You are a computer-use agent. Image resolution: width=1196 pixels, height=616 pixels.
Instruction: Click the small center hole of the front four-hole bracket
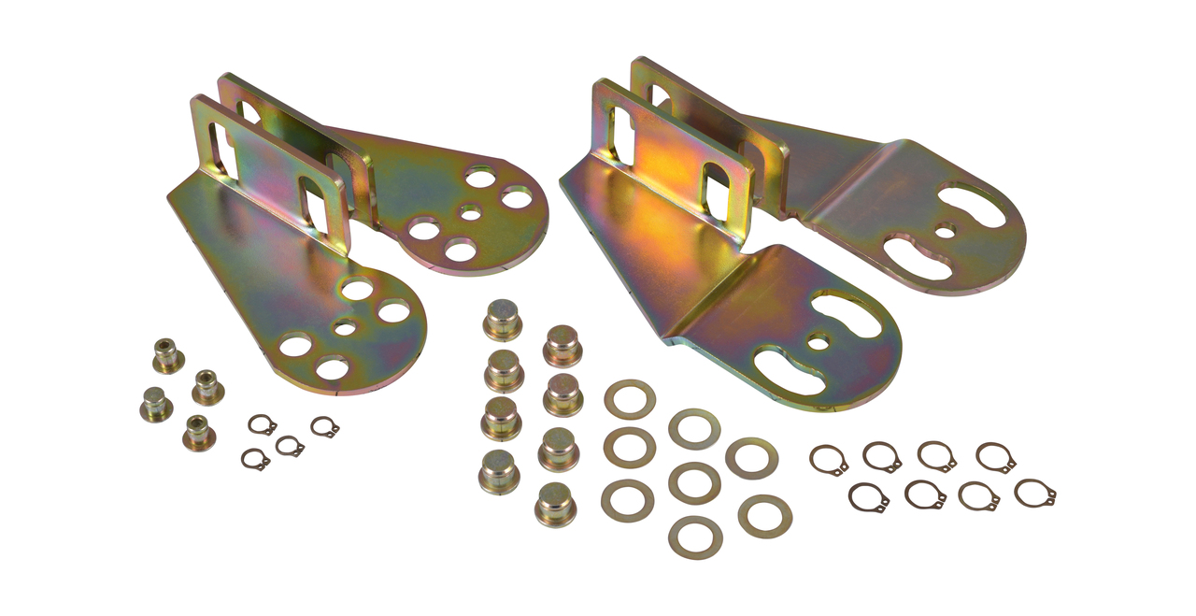click(345, 327)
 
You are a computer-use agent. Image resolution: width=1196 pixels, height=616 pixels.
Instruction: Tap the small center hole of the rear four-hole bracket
click(471, 214)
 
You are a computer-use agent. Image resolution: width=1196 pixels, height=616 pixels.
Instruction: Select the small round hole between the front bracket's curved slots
click(819, 343)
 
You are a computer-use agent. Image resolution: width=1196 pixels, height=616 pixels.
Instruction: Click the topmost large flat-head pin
click(502, 321)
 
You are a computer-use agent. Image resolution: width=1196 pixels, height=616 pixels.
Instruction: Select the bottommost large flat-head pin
click(555, 504)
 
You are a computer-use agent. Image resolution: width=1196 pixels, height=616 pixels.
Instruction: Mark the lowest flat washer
click(694, 537)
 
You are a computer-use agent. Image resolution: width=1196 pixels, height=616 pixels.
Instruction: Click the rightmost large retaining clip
click(1035, 493)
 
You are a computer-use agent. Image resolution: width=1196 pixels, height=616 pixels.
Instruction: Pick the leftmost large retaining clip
click(829, 459)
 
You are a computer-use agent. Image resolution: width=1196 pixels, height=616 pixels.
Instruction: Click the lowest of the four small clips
click(255, 459)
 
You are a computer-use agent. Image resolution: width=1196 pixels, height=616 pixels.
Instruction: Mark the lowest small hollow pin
click(199, 432)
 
